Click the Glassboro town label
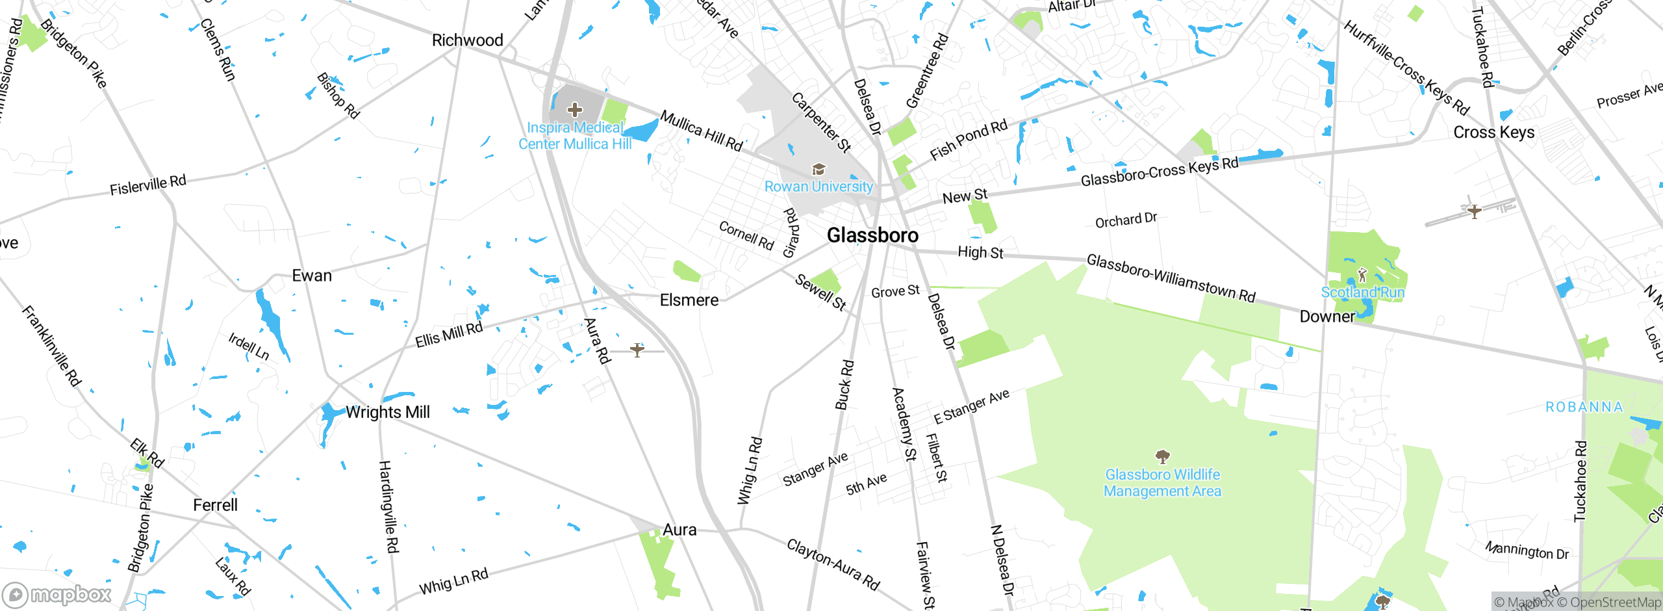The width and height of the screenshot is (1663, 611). pyautogui.click(x=872, y=235)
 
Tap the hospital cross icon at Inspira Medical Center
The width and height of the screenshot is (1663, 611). pyautogui.click(x=575, y=110)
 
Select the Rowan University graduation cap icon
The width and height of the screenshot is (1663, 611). pyautogui.click(x=819, y=170)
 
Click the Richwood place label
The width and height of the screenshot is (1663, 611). pyautogui.click(x=467, y=40)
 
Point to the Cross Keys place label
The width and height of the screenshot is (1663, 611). pyautogui.click(x=1493, y=133)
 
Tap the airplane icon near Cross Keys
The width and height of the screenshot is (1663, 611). pyautogui.click(x=1474, y=211)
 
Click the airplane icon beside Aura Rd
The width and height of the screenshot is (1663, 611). pyautogui.click(x=637, y=350)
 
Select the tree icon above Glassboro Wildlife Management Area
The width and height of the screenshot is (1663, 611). pyautogui.click(x=1162, y=456)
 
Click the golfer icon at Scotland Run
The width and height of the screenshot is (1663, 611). pyautogui.click(x=1362, y=276)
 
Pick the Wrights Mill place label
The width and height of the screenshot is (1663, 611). pyautogui.click(x=387, y=412)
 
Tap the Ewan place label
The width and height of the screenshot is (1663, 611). pyautogui.click(x=312, y=276)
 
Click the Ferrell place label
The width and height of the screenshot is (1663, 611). pyautogui.click(x=215, y=505)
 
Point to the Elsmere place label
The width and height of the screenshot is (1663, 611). pyautogui.click(x=689, y=300)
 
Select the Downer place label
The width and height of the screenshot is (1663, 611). pyautogui.click(x=1327, y=317)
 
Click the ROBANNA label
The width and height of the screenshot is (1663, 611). pyautogui.click(x=1584, y=408)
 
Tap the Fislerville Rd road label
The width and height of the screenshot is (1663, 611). pyautogui.click(x=147, y=185)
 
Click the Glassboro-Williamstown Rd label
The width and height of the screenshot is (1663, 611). pyautogui.click(x=1171, y=278)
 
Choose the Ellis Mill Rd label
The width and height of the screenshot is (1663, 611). pyautogui.click(x=449, y=335)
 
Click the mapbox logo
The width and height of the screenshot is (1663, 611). pyautogui.click(x=57, y=595)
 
